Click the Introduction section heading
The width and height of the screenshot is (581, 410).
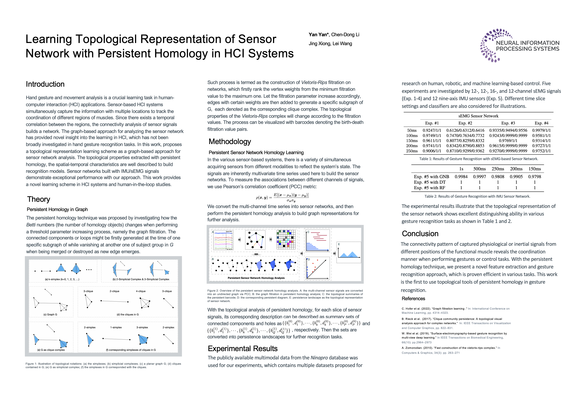[45, 84]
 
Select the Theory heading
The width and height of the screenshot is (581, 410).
[39, 199]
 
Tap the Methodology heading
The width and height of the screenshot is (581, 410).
[230, 141]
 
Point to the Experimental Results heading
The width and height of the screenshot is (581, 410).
[242, 349]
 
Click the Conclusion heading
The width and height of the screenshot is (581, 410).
[420, 234]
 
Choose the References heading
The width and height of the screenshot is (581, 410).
[413, 299]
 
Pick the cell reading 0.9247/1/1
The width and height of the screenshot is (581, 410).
[432, 130]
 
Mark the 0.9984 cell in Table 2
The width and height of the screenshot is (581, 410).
[461, 177]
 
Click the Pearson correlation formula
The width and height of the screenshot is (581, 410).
[282, 197]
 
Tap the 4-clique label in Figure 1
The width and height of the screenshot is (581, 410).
[141, 291]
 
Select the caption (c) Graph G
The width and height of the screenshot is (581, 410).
[50, 315]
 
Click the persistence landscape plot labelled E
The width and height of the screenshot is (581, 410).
[349, 252]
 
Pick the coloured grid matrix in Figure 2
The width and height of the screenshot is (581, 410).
[286, 239]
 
